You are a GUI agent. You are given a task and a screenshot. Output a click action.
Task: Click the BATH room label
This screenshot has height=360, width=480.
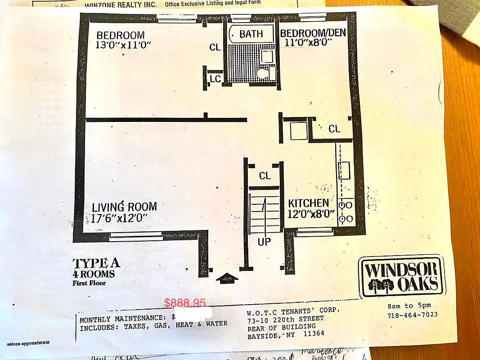pyautogui.click(x=251, y=34)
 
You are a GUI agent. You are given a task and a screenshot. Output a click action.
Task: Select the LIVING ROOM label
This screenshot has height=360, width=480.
pyautogui.click(x=124, y=207)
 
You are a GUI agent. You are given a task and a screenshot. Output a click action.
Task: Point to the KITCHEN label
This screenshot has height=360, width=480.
pyautogui.click(x=309, y=203)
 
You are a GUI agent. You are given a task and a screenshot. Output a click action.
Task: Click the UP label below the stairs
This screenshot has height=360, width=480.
pyautogui.click(x=264, y=242)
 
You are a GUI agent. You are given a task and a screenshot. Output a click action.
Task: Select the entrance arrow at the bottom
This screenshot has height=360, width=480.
pyautogui.click(x=227, y=278)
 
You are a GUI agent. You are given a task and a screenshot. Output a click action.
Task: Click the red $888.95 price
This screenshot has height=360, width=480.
pyautogui.click(x=185, y=303)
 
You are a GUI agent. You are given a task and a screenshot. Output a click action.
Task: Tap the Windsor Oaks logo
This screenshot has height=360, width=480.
pyautogui.click(x=401, y=277)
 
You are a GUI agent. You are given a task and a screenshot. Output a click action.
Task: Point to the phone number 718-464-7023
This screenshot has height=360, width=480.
pyautogui.click(x=412, y=315)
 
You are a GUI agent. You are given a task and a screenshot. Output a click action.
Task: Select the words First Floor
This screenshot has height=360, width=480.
pyautogui.click(x=90, y=283)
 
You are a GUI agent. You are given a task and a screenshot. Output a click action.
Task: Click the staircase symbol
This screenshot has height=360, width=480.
pyautogui.click(x=265, y=211)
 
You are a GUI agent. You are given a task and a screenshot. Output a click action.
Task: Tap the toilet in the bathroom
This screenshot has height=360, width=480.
pyautogui.click(x=260, y=74)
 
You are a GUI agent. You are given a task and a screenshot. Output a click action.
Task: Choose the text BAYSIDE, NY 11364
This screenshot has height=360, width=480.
pyautogui.click(x=285, y=335)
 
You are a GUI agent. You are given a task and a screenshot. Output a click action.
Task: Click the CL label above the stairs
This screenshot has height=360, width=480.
pyautogui.click(x=265, y=175)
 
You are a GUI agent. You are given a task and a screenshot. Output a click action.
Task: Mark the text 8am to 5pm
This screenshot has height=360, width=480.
pyautogui.click(x=406, y=306)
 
